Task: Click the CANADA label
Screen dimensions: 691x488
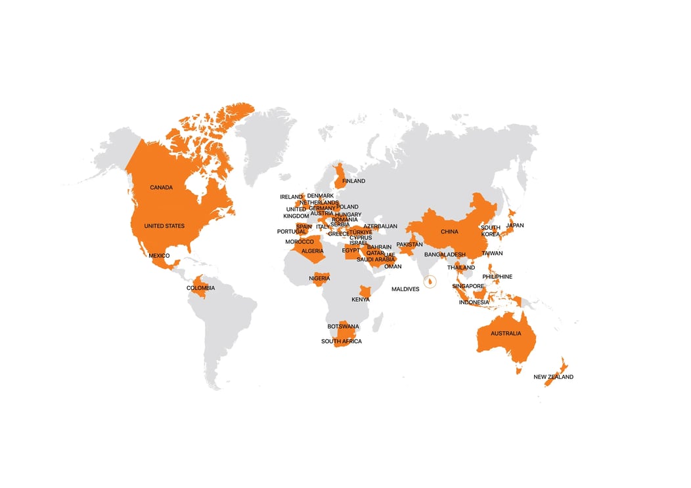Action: click(161, 188)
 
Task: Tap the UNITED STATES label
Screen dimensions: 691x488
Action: click(164, 226)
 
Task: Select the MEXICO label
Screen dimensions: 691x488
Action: click(159, 255)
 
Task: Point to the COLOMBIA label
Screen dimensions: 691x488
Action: click(200, 288)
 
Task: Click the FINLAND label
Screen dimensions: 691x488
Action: click(353, 181)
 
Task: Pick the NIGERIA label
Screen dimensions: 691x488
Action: click(319, 279)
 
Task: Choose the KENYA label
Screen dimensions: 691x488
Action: click(361, 300)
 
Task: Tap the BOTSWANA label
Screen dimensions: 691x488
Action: click(344, 327)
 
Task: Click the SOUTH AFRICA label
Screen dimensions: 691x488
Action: click(341, 342)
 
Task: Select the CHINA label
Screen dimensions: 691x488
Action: click(449, 232)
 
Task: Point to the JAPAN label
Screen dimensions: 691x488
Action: click(515, 226)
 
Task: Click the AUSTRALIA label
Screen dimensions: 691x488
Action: click(506, 334)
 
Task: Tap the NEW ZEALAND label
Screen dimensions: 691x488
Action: click(553, 377)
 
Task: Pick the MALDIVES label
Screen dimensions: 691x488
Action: click(405, 289)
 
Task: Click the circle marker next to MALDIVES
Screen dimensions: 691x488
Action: click(430, 282)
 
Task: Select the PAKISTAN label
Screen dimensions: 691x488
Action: click(409, 245)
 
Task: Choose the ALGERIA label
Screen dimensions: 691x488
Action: click(312, 251)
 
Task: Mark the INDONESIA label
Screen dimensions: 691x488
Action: click(474, 302)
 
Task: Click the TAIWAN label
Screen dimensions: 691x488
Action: click(492, 253)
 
